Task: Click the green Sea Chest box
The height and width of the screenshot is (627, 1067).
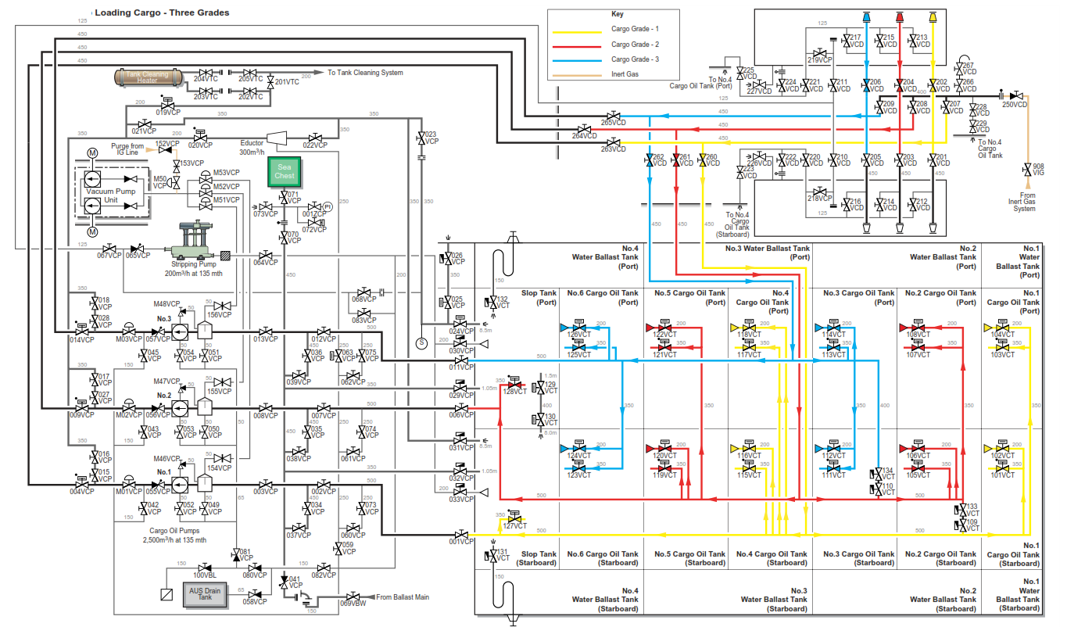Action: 284,172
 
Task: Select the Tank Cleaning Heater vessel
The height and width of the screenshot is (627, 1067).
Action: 148,76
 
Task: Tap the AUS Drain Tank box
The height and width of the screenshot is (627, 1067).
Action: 205,593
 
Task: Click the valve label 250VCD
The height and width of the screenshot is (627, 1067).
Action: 1015,104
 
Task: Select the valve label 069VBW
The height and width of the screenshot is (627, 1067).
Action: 353,604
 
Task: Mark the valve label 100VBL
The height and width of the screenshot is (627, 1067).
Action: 206,575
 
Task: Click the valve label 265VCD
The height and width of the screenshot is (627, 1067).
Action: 614,122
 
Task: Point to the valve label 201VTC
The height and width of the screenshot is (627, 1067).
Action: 288,82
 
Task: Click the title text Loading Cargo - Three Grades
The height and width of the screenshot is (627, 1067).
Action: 162,13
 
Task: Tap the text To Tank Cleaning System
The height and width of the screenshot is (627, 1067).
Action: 365,73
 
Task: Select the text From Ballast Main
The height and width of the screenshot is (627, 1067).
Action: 403,597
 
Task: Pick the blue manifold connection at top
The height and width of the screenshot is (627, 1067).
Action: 866,16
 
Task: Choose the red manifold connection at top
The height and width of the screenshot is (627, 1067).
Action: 900,16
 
